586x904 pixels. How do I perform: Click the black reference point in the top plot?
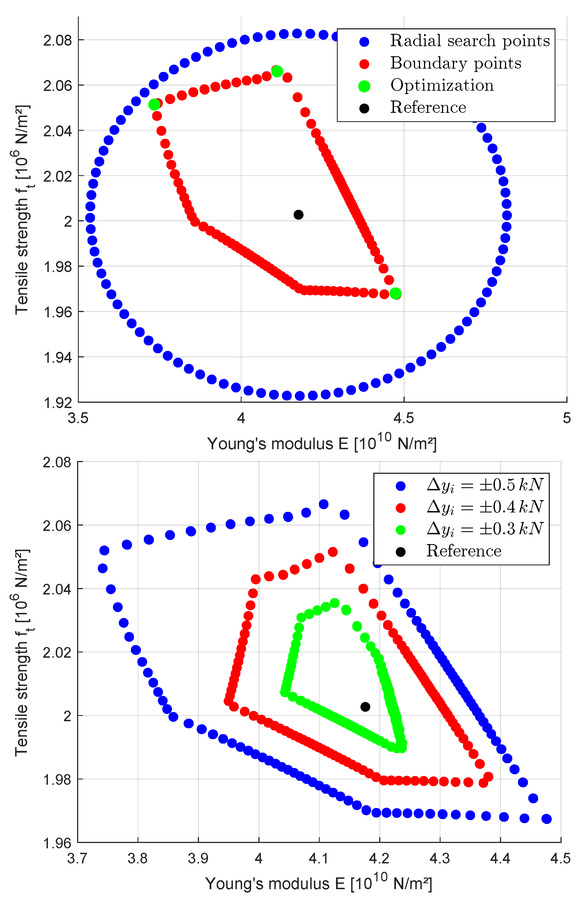pos(298,215)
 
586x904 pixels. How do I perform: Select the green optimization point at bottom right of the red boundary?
pos(395,293)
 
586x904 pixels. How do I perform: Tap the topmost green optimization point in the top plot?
pos(277,71)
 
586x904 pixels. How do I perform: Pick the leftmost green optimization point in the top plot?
pos(154,104)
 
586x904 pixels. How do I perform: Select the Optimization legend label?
pos(442,85)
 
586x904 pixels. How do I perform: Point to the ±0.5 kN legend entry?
pos(485,485)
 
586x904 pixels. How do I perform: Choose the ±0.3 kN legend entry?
pos(485,529)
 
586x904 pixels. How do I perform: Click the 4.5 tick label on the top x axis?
pos(404,418)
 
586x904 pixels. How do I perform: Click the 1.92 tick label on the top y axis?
pos(57,403)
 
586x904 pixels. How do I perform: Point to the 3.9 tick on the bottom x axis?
pos(198,858)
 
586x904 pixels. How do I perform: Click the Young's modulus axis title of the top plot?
pos(322,443)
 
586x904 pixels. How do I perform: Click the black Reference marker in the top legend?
pos(364,108)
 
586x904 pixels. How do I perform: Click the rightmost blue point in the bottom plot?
pos(546,819)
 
